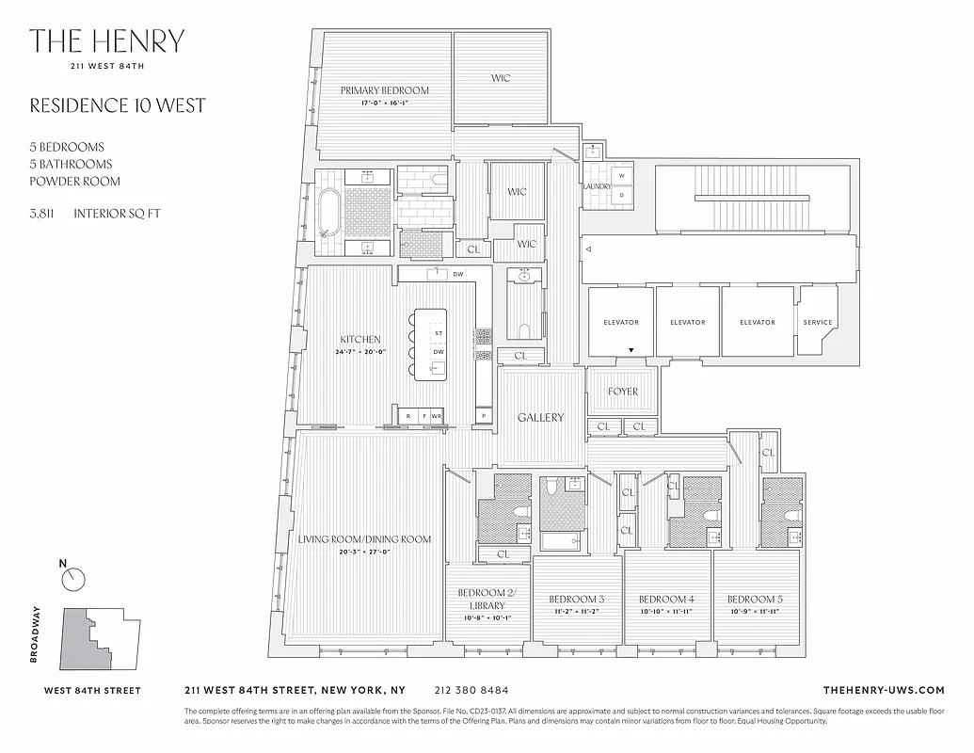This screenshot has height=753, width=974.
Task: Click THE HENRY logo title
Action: coord(106,41)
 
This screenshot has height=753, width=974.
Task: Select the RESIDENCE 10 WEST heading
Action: coord(117,105)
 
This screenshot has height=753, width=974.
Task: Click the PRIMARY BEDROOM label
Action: coord(384,90)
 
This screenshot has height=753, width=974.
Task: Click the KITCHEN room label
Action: coord(360,340)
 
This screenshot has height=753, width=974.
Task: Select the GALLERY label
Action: coord(540,417)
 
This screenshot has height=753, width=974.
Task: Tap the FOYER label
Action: coord(622,392)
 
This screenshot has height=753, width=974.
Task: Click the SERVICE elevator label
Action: coord(817,323)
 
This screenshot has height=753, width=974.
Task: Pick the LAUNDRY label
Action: coord(597,186)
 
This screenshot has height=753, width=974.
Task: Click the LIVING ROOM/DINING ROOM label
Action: coord(364,539)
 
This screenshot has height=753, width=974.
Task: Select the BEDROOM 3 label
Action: coord(576,600)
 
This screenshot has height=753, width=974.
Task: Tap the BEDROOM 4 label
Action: coord(666,600)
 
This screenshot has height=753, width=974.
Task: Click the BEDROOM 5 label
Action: coord(755,600)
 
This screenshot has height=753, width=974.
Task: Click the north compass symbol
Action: coord(72,579)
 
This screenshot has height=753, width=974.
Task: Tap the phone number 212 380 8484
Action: coord(473,690)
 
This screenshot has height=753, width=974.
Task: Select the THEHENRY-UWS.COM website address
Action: coord(883,690)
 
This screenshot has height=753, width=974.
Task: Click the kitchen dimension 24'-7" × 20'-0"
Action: coord(360,353)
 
